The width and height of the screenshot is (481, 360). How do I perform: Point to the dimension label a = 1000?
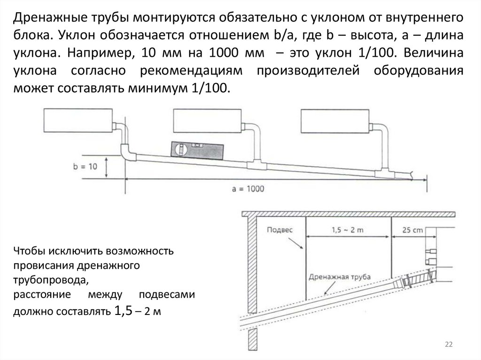[249, 189]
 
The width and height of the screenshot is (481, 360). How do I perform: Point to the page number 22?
[448, 345]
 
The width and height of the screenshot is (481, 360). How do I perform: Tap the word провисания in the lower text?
[42, 266]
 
